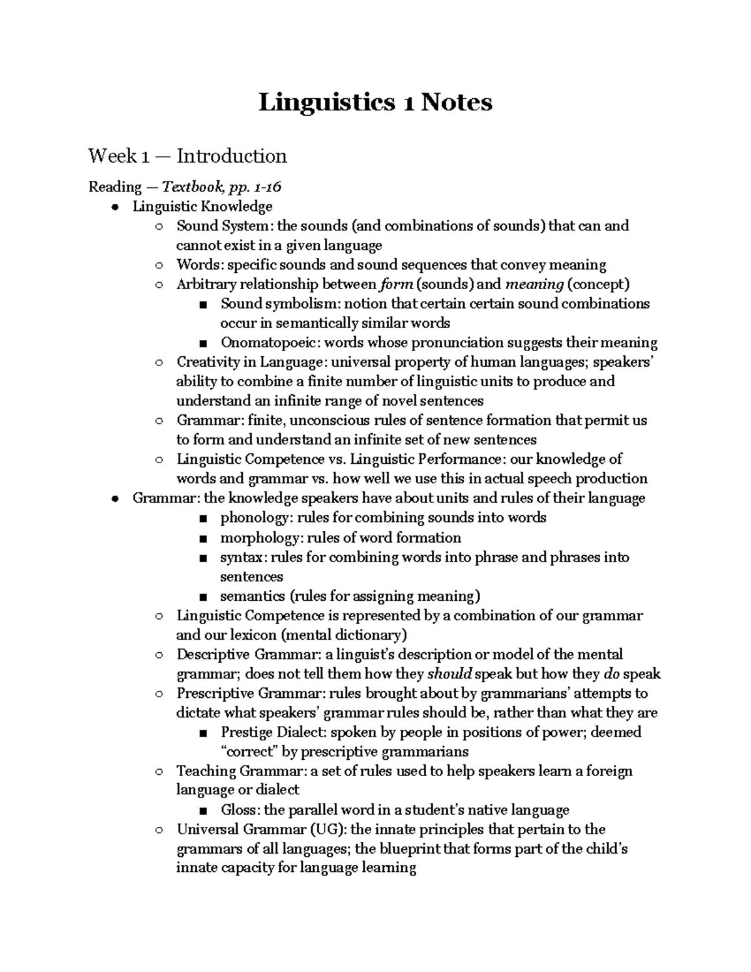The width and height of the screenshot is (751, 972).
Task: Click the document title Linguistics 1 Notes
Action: [x=375, y=103]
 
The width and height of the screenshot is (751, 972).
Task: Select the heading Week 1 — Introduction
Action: [x=187, y=156]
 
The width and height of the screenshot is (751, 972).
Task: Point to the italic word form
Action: [x=396, y=285]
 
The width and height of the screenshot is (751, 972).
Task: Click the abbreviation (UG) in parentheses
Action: [x=327, y=830]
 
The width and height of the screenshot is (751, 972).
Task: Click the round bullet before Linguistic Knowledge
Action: [x=115, y=207]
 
